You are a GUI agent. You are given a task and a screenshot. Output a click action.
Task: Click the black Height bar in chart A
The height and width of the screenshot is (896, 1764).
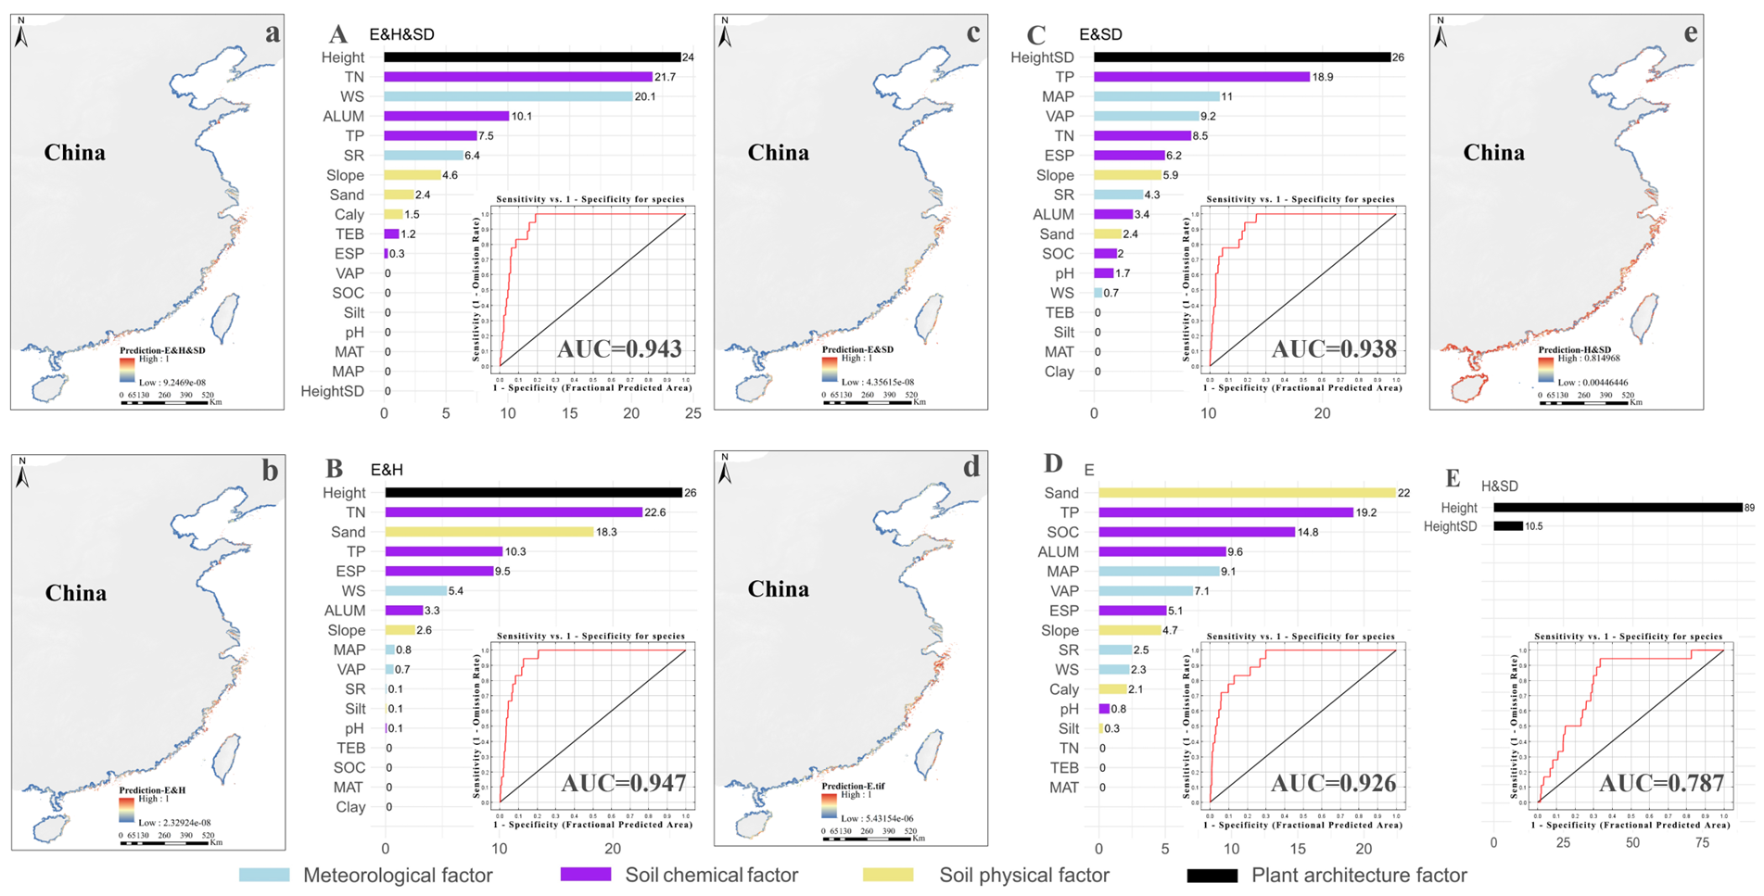[x=532, y=57]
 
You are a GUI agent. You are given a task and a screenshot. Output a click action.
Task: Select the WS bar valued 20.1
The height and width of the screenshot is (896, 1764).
[x=508, y=96]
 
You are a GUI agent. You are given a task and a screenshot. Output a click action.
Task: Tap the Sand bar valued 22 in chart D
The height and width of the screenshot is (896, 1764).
[x=1247, y=493]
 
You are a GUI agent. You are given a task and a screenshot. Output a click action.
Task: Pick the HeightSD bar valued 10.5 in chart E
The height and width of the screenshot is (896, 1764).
[x=1508, y=526]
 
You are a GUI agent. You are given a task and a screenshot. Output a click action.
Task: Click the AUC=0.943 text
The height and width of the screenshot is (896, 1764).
[x=619, y=349]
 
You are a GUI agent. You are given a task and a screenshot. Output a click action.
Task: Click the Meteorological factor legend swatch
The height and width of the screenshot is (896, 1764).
[x=264, y=875]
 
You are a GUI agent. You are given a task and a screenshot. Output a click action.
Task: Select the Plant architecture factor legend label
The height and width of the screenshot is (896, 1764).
[x=1359, y=875]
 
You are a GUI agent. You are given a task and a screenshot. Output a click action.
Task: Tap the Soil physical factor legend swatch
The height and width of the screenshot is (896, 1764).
[x=887, y=875]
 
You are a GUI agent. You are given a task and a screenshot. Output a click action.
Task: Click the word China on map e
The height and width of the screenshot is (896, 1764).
[x=1493, y=153]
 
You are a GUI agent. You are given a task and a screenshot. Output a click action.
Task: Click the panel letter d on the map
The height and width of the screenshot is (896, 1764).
[x=971, y=467]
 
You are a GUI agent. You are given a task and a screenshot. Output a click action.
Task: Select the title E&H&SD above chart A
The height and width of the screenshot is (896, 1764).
[x=401, y=35]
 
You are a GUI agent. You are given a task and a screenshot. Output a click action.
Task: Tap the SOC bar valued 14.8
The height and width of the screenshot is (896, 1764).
[x=1197, y=532]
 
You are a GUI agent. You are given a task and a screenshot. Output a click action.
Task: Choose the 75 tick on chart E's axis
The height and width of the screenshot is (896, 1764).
[x=1702, y=843]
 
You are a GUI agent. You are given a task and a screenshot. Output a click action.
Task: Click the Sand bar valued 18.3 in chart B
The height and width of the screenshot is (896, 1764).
[x=489, y=532]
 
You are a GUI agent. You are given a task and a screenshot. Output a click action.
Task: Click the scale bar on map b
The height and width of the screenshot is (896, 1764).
[x=166, y=843]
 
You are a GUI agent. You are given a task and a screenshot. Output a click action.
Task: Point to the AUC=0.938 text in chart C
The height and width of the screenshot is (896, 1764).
[x=1334, y=349]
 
